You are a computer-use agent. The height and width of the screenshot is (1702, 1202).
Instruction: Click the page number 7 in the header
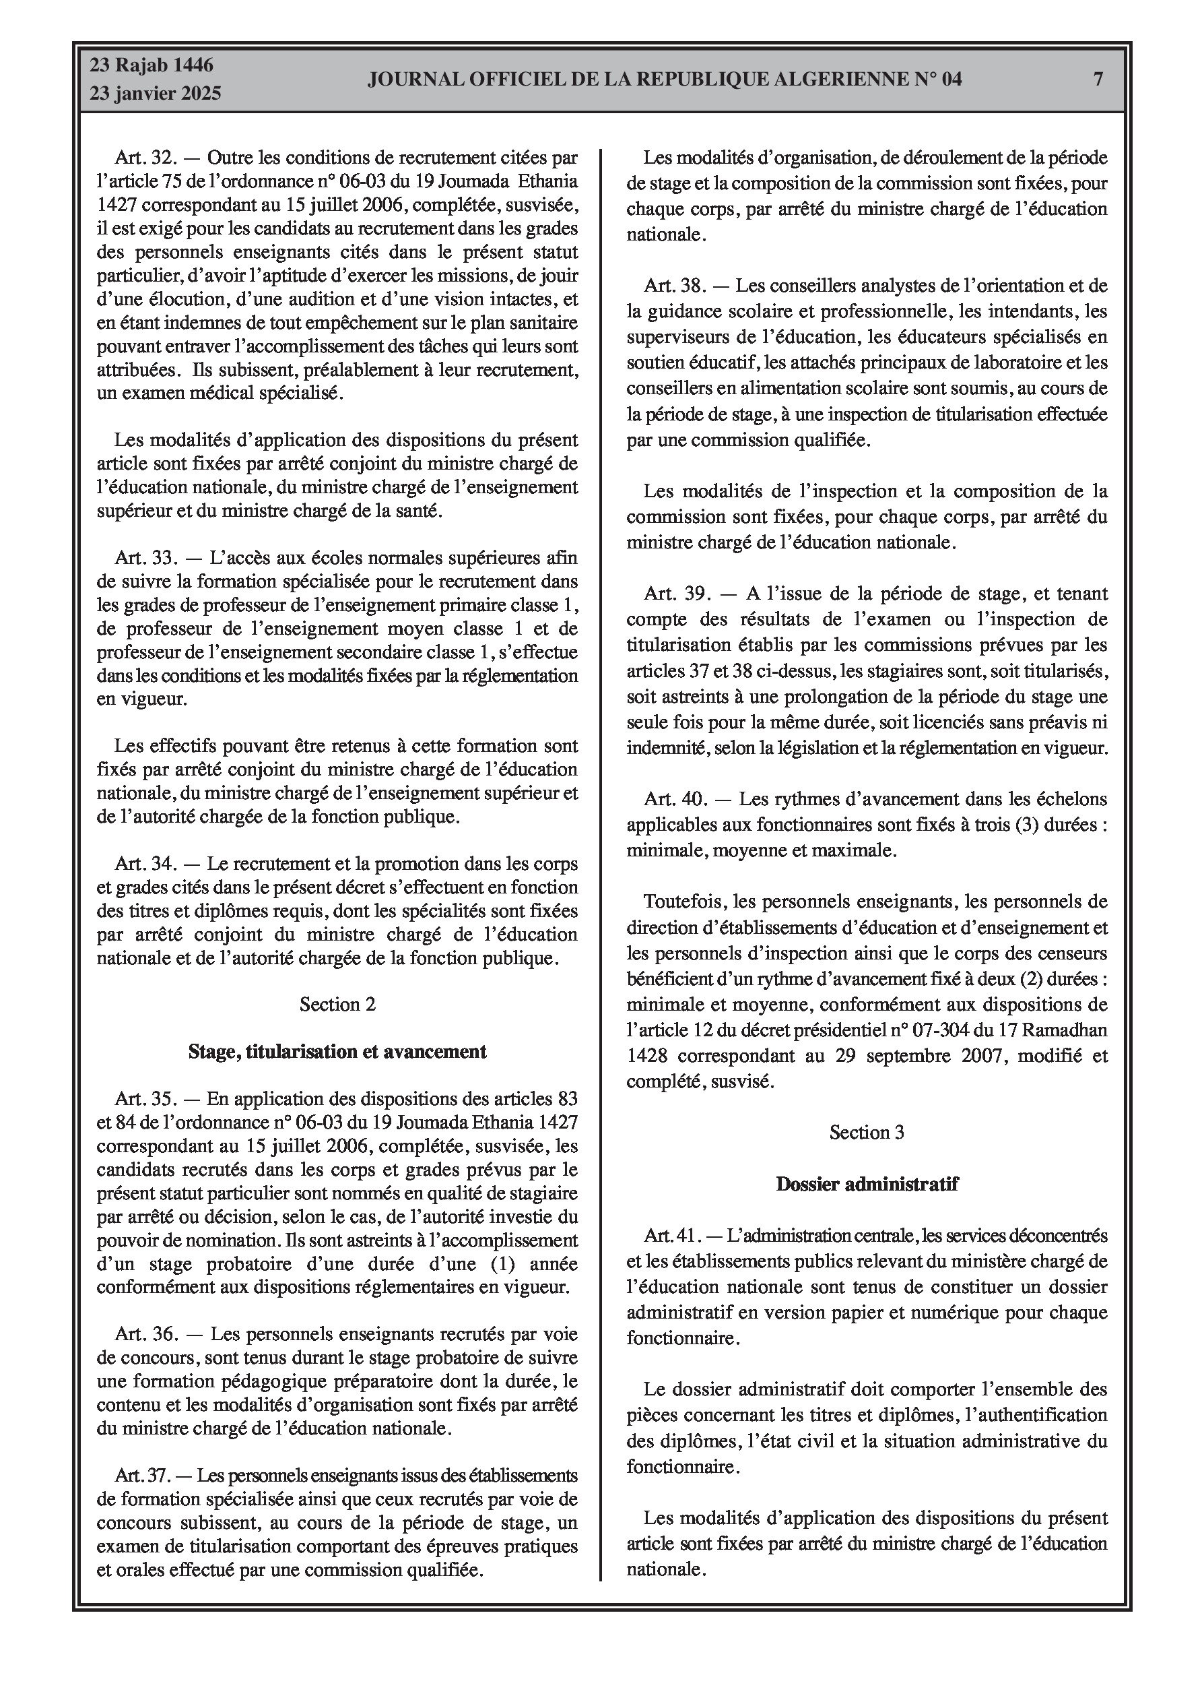[x=1098, y=79]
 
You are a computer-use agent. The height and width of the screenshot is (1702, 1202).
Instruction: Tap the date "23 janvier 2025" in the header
[x=156, y=94]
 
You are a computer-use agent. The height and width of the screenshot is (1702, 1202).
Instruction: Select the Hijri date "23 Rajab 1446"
[x=152, y=65]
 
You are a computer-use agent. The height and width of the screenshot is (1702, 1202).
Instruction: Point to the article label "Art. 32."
[x=145, y=158]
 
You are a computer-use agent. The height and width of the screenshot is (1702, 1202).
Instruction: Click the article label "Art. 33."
[x=145, y=557]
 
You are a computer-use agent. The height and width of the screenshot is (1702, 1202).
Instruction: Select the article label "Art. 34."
[x=145, y=864]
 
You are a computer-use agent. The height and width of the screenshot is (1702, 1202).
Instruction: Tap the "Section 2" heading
[x=337, y=1005]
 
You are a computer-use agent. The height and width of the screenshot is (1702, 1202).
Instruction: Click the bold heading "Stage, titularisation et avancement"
[x=337, y=1051]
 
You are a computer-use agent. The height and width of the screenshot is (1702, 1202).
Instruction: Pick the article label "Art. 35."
[x=145, y=1098]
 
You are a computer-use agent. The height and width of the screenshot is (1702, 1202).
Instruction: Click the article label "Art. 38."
[x=673, y=286]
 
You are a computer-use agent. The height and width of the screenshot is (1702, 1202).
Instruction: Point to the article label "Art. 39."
[x=673, y=594]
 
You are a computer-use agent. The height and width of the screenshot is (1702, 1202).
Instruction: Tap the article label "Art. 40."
[x=673, y=799]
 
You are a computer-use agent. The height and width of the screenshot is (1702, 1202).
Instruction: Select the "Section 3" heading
[x=866, y=1133]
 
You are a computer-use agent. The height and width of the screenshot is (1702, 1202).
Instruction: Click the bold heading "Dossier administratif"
[x=866, y=1184]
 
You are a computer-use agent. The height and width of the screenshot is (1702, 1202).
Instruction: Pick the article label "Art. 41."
[x=671, y=1236]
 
